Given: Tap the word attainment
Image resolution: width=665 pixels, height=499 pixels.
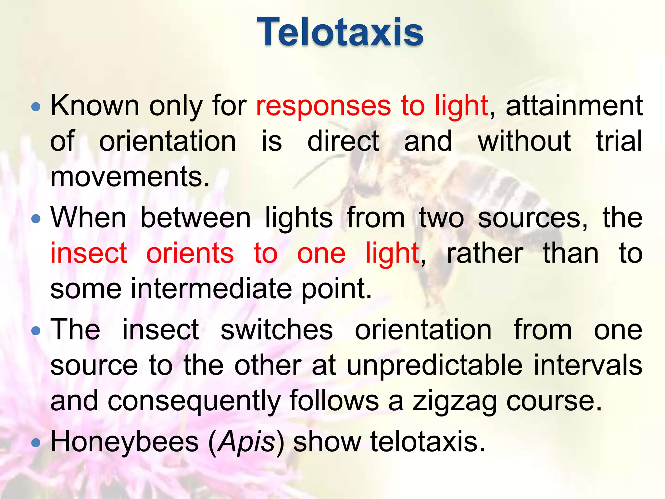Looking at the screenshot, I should (x=574, y=106).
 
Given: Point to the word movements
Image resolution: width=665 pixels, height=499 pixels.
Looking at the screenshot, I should (x=130, y=177).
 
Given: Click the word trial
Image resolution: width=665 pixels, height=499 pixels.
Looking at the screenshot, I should (x=619, y=141).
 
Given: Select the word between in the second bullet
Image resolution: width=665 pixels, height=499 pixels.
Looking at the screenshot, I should (x=195, y=218).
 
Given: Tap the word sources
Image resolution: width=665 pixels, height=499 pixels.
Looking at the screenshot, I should (x=533, y=218).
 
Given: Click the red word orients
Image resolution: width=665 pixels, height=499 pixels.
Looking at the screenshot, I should (x=190, y=253).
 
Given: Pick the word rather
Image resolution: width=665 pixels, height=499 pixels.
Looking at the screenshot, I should (x=485, y=253).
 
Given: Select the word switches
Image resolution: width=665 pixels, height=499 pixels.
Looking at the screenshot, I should (x=277, y=330).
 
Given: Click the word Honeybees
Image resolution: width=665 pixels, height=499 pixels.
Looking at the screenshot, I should (x=125, y=442).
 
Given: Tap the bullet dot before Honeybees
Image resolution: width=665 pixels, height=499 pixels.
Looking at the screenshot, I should (x=36, y=442).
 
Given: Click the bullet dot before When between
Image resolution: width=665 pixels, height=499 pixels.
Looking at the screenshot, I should (x=36, y=219).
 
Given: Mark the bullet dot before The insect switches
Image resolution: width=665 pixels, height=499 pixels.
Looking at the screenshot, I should (x=36, y=331).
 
